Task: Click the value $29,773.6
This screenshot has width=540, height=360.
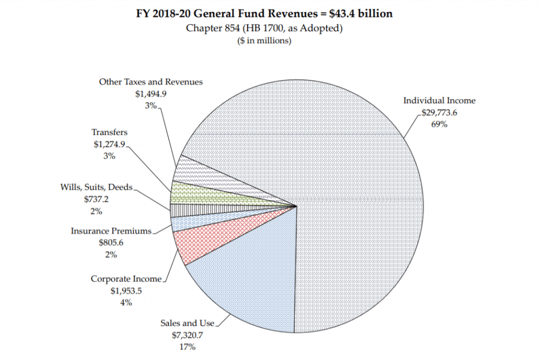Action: point(442,112)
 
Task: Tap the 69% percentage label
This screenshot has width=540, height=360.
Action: point(439,124)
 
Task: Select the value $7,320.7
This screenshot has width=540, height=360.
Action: point(187,335)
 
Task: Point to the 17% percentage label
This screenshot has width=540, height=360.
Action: point(187,347)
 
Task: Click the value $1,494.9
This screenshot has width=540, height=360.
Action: point(151,94)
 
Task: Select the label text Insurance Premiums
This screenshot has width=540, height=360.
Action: point(111,231)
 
